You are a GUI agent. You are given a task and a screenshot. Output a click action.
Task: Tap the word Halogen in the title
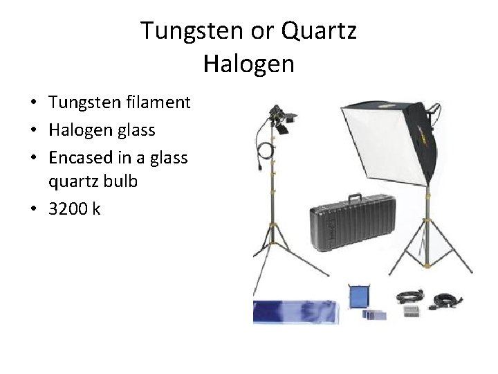(x=249, y=64)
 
